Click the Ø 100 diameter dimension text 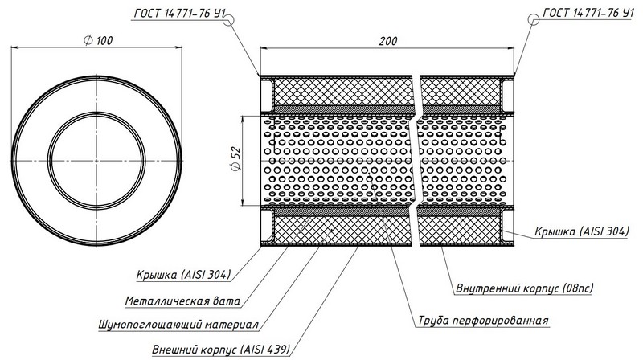[x=98, y=41]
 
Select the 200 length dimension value [x=387, y=41]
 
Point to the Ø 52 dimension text [x=236, y=158]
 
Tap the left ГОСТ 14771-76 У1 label [x=179, y=14]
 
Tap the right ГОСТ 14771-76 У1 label [x=588, y=13]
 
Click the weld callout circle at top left [x=228, y=19]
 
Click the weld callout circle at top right [x=534, y=18]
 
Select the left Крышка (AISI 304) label [x=184, y=274]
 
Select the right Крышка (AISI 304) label [x=581, y=231]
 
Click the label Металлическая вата [x=183, y=301]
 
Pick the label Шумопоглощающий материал [x=178, y=325]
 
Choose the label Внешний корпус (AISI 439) [x=221, y=350]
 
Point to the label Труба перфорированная [x=483, y=321]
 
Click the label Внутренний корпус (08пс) [x=525, y=288]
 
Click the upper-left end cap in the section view [x=267, y=96]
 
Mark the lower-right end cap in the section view [x=508, y=226]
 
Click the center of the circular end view [x=96, y=161]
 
